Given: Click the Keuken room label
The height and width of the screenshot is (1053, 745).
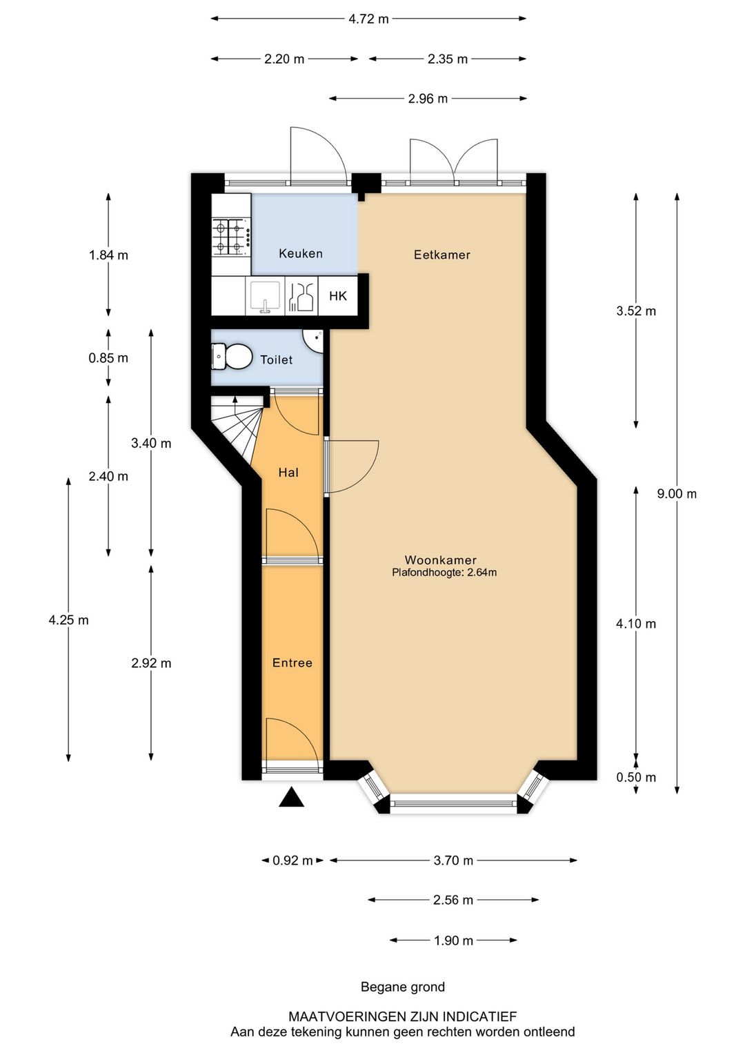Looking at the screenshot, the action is tap(300, 254).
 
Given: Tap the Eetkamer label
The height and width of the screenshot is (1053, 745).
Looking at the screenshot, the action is tap(442, 255).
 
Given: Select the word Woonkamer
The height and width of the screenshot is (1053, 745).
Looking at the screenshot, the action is tap(440, 560).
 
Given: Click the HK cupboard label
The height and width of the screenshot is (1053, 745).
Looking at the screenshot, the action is tap(338, 296).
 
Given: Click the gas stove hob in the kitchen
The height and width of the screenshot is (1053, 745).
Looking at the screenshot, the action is tap(231, 237).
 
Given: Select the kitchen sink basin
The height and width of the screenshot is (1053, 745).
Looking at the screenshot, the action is tap(265, 296).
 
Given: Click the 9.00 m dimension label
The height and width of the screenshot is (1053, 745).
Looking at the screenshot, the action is tap(677, 493).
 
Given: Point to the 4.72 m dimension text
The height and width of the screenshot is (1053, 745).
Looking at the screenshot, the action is tap(368, 19).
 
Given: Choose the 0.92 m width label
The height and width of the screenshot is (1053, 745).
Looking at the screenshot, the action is tap(292, 860).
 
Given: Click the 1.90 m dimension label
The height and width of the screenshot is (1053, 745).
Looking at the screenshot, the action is tap(453, 941).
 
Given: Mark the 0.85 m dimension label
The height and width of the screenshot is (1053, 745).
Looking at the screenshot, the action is tap(108, 358).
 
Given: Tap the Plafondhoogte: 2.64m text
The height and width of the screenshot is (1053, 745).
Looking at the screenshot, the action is tap(444, 573).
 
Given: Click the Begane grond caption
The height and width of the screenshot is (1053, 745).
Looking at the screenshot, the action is tap(403, 987).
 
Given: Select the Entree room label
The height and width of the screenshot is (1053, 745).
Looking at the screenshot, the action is tap(292, 663).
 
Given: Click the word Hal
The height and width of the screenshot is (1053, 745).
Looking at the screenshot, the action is tap(288, 473).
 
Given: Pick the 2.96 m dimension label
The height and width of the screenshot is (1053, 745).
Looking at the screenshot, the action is tap(428, 99).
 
